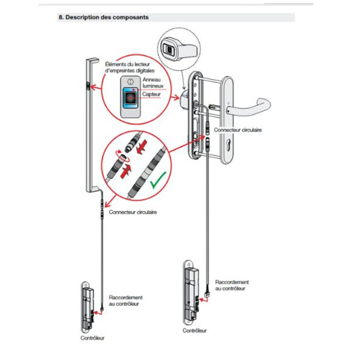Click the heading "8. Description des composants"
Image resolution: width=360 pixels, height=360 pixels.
point(103,17)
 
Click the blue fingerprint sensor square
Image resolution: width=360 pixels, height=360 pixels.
point(130,97)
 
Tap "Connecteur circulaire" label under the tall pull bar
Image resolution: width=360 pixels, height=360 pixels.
point(133,212)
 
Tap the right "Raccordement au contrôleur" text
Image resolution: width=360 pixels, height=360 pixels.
point(232,285)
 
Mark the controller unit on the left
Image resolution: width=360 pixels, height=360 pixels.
point(88,306)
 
